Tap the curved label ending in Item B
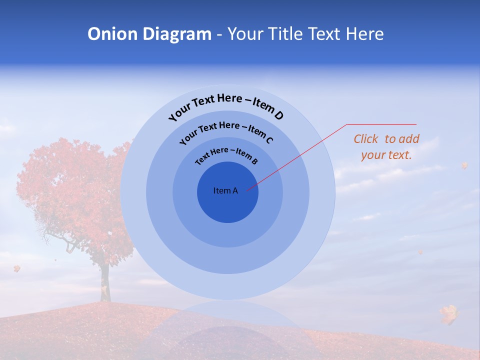click(x=226, y=155)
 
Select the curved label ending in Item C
click(x=226, y=131)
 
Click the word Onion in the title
click(x=113, y=34)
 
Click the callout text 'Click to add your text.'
click(x=386, y=147)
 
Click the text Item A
click(x=225, y=190)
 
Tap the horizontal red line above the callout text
click(x=381, y=124)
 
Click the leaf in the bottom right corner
click(x=449, y=314)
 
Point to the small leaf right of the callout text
click(x=464, y=165)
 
